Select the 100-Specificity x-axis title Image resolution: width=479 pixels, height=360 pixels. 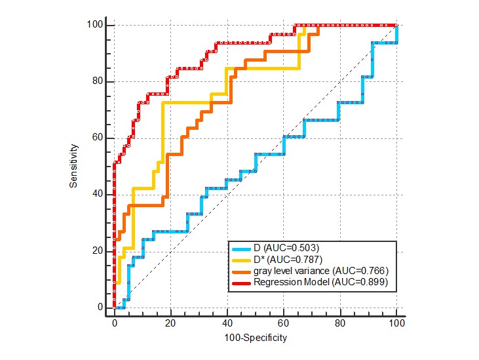point(255,338)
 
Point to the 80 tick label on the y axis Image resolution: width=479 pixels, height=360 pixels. point(98,81)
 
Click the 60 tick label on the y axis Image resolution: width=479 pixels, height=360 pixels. point(98,138)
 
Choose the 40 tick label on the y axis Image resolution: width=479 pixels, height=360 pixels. point(98,194)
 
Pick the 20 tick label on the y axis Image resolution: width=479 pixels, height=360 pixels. point(98,250)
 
